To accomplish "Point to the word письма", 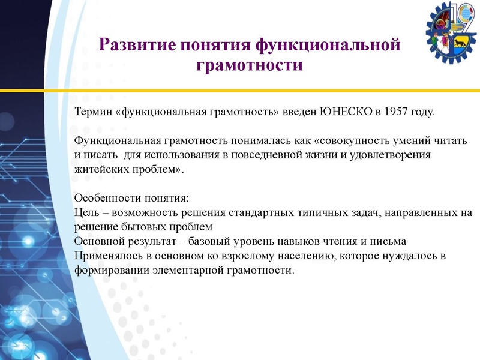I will click(390, 241).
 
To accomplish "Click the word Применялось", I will click(109, 256).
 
